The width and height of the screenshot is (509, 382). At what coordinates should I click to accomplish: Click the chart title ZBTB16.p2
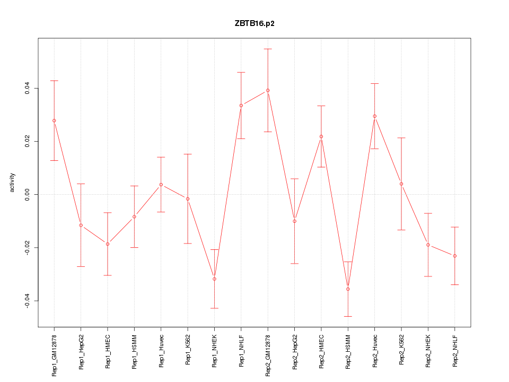(x=254, y=23)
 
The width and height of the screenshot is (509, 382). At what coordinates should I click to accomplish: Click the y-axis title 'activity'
(x=13, y=183)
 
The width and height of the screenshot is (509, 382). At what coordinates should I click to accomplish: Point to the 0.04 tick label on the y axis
(x=27, y=88)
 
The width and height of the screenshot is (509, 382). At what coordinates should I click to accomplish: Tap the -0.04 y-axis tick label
(x=27, y=301)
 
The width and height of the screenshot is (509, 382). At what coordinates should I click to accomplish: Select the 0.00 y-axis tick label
(x=27, y=194)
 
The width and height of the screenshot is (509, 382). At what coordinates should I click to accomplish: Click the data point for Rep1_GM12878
(x=54, y=120)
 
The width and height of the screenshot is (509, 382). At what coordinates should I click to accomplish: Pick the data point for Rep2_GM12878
(x=268, y=90)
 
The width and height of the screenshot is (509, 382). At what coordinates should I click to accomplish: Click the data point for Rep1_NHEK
(x=214, y=279)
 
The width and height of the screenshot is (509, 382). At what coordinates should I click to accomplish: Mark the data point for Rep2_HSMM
(x=348, y=289)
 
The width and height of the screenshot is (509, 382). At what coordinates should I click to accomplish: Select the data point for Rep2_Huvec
(x=375, y=116)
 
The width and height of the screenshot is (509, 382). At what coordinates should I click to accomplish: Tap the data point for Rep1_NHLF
(x=241, y=105)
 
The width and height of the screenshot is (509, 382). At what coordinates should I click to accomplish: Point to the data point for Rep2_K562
(x=401, y=184)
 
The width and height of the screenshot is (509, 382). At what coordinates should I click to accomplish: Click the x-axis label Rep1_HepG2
(x=81, y=352)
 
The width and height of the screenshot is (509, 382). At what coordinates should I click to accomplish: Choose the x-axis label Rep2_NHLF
(x=455, y=352)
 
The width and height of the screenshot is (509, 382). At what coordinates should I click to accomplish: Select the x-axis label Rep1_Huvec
(x=161, y=352)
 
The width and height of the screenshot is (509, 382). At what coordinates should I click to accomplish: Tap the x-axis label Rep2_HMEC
(x=321, y=352)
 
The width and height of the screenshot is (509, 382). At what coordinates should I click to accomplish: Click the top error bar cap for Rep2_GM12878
(x=268, y=49)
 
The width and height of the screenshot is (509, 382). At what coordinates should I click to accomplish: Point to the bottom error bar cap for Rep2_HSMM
(x=348, y=316)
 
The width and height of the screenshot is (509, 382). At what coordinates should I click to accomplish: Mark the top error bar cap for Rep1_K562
(x=188, y=154)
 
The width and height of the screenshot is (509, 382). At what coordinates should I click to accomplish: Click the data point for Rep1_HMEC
(x=108, y=244)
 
